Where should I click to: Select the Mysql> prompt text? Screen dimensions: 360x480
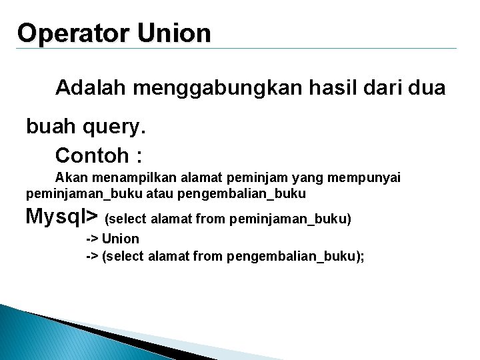coord(62,217)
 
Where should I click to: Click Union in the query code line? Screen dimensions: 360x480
coord(121,239)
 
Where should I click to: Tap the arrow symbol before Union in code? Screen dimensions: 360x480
coord(92,239)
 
